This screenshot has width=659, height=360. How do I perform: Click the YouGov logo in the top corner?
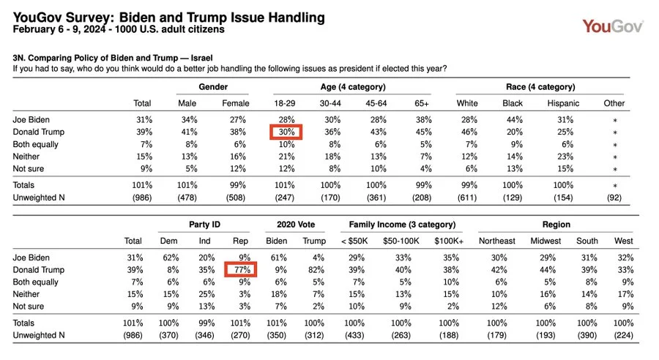point(613,26)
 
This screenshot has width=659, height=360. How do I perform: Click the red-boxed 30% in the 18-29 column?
point(286,132)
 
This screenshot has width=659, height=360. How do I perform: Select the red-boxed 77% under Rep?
point(242,270)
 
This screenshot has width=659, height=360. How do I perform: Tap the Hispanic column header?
point(563,103)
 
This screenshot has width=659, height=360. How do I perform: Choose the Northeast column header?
point(498,241)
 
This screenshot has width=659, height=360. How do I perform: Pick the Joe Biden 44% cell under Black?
point(513,119)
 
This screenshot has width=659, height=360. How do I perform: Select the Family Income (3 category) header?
point(402,224)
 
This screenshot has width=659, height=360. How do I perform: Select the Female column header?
point(235,103)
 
